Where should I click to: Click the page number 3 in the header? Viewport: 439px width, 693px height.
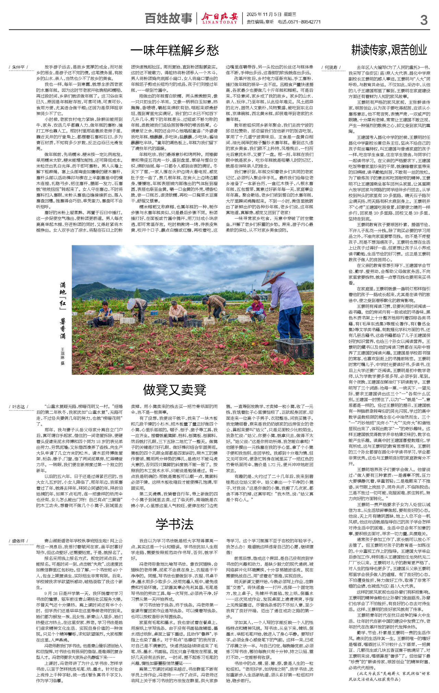pyautogui.click(x=424, y=20)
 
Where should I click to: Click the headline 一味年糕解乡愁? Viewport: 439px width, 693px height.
pyautogui.click(x=175, y=51)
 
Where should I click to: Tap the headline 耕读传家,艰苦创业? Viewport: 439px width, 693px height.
pyautogui.click(x=389, y=50)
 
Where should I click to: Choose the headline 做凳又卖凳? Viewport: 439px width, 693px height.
pyautogui.click(x=175, y=389)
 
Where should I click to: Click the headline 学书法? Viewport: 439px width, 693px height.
pyautogui.click(x=175, y=524)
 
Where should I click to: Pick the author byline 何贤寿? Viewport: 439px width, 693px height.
pyautogui.click(x=331, y=67)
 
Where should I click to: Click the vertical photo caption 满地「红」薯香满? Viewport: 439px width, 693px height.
pyautogui.click(x=63, y=310)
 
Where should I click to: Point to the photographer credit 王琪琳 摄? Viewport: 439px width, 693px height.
pyautogui.click(x=63, y=356)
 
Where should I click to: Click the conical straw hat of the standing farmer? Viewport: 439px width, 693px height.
pyautogui.click(x=272, y=277)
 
